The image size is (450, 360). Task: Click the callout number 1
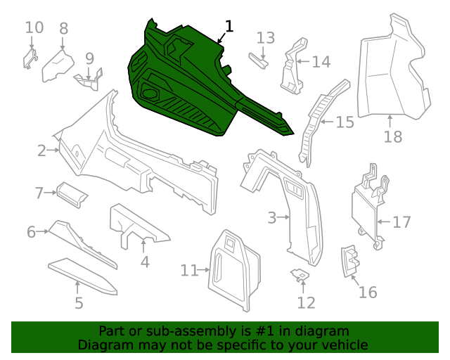point(229,27)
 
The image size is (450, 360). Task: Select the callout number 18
point(393,136)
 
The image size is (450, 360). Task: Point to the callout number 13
point(265,37)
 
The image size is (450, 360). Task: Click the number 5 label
point(79,303)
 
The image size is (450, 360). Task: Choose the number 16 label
point(368,292)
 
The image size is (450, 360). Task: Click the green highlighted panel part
point(190,84)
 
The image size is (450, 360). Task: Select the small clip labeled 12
point(300,275)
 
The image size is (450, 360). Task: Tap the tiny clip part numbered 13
point(257,61)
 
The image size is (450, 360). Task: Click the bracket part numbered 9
point(90,79)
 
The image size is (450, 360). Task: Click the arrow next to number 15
point(325,122)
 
